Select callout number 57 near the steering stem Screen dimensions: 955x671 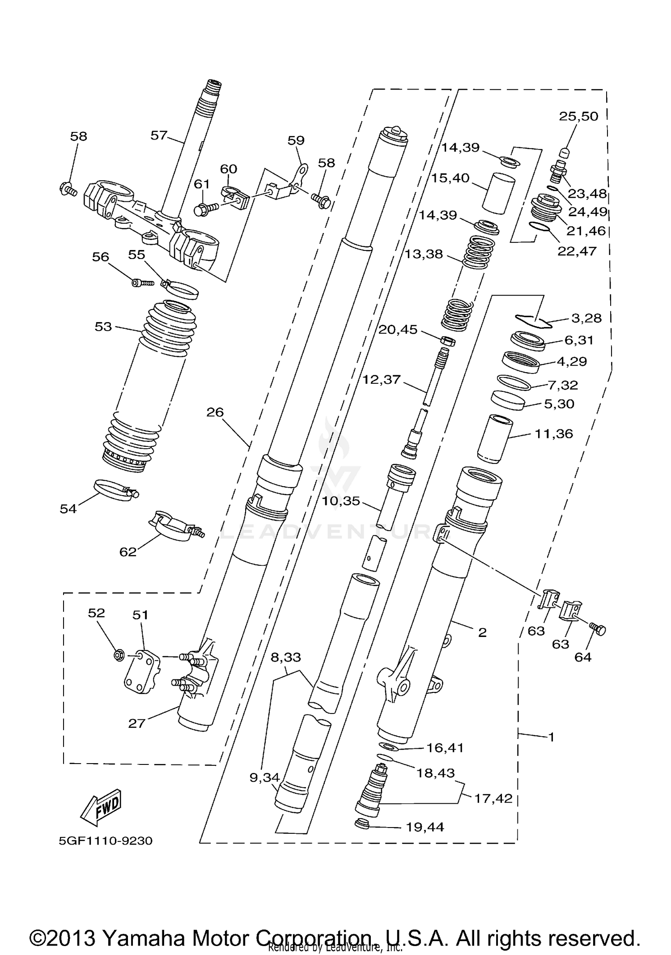(x=158, y=135)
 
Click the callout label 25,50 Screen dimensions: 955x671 (x=578, y=116)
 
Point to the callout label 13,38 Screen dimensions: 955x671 (x=423, y=254)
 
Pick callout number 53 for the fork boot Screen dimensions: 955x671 (x=103, y=327)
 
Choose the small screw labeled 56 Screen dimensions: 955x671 (x=142, y=283)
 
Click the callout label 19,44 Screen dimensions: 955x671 (x=425, y=827)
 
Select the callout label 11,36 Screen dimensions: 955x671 (x=554, y=433)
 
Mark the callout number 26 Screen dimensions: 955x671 (x=215, y=412)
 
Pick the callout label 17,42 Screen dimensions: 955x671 (x=493, y=798)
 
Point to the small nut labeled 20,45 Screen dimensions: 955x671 (x=448, y=341)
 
